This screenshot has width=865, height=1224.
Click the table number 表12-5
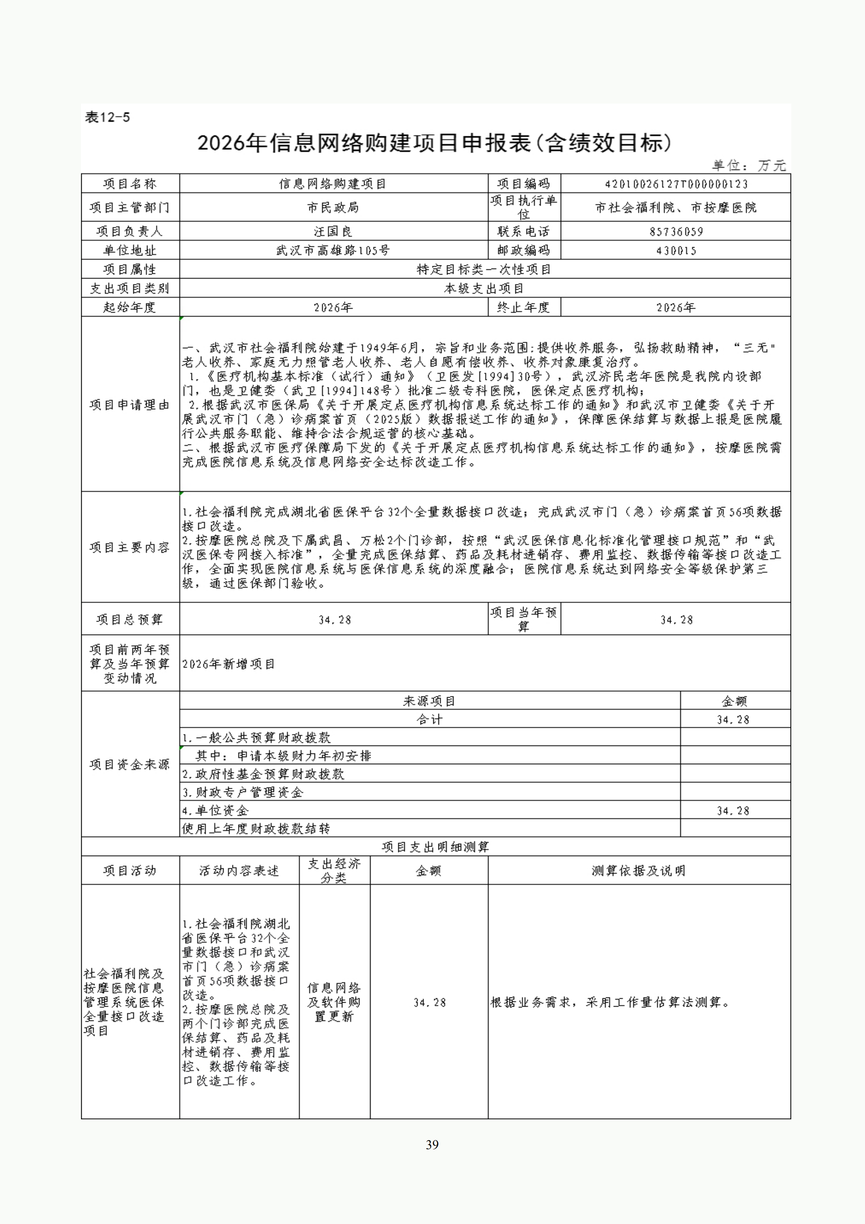[107, 117]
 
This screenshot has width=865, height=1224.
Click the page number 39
[432, 1144]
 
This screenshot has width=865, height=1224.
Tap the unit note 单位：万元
[748, 165]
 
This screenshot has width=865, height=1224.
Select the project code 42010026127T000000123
[676, 184]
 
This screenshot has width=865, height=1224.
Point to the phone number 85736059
[676, 231]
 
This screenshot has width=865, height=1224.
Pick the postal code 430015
[676, 250]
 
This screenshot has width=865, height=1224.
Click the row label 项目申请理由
[129, 405]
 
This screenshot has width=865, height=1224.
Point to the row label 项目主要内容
[129, 547]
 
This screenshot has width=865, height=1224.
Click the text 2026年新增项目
[229, 664]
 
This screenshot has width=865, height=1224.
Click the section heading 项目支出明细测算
[435, 847]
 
